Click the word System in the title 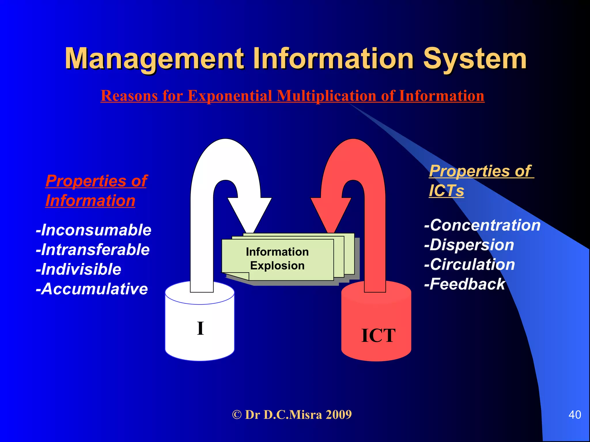pyautogui.click(x=474, y=59)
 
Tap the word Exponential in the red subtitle pyautogui.click(x=230, y=96)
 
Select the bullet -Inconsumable pyautogui.click(x=94, y=230)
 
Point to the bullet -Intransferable pyautogui.click(x=93, y=249)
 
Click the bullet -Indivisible pyautogui.click(x=79, y=269)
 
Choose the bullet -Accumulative pyautogui.click(x=92, y=289)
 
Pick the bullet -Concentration pyautogui.click(x=482, y=225)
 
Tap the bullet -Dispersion pyautogui.click(x=469, y=245)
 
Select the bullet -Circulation pyautogui.click(x=470, y=264)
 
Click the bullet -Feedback pyautogui.click(x=465, y=284)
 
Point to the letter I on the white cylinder pyautogui.click(x=201, y=328)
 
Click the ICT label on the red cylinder pyautogui.click(x=378, y=336)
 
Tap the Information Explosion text pyautogui.click(x=277, y=259)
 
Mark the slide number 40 pyautogui.click(x=575, y=415)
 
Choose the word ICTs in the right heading pyautogui.click(x=446, y=190)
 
